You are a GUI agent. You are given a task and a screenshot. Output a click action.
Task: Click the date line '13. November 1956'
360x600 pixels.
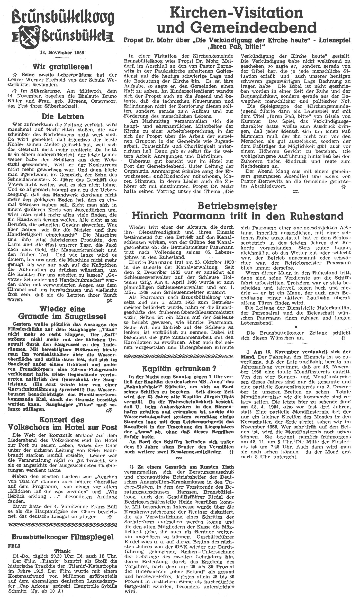62,53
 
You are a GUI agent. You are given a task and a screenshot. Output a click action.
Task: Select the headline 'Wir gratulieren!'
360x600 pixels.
62,67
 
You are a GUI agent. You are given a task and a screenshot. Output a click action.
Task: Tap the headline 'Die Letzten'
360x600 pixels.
62,116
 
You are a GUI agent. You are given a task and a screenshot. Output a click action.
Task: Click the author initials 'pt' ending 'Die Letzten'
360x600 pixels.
109,300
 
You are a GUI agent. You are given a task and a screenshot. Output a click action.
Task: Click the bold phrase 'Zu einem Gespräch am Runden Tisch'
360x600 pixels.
175,467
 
